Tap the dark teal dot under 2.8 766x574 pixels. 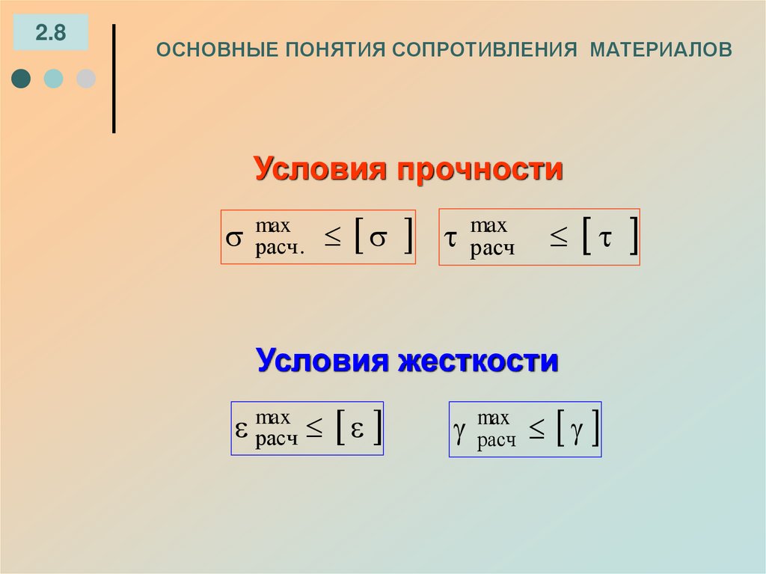point(22,79)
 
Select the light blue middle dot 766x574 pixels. point(53,79)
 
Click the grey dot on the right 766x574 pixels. point(86,79)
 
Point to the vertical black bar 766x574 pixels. point(114,79)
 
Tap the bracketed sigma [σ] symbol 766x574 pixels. point(381,237)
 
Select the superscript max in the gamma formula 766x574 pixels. point(493,418)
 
